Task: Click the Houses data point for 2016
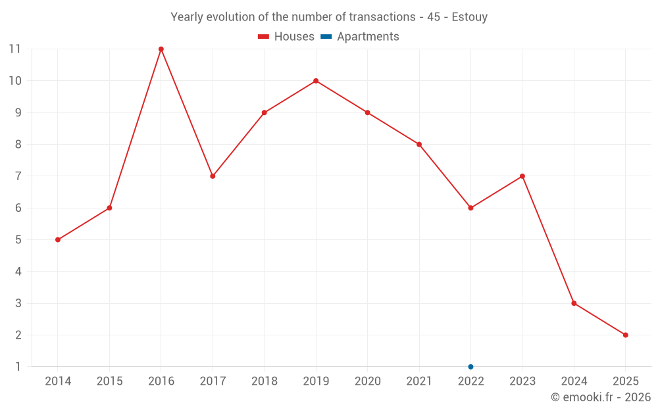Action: click(161, 49)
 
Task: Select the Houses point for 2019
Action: click(316, 81)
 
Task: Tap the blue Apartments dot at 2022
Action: click(470, 366)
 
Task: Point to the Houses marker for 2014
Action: click(58, 239)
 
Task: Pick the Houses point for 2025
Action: click(625, 335)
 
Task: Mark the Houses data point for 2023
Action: click(522, 176)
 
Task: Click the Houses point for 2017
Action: click(213, 176)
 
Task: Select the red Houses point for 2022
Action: click(470, 208)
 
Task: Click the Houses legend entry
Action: click(286, 37)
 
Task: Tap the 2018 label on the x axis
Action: click(264, 381)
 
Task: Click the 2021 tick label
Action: click(419, 381)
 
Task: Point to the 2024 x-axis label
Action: click(574, 381)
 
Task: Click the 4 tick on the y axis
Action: click(18, 271)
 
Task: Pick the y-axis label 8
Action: click(18, 144)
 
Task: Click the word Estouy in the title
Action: click(470, 17)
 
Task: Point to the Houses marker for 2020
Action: click(367, 112)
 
